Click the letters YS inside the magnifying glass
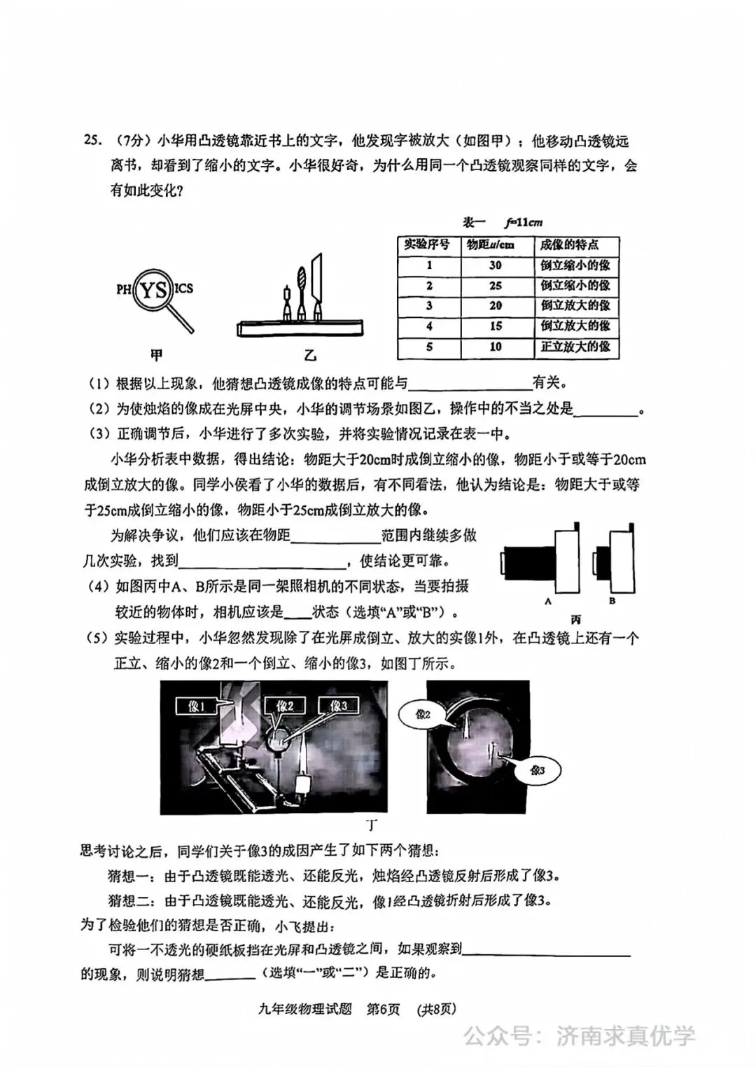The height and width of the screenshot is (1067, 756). (154, 290)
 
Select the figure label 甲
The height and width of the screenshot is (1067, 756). (157, 355)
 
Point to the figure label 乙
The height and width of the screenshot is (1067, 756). (310, 356)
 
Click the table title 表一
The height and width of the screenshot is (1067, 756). (474, 223)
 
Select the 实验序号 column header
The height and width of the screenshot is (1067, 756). (428, 245)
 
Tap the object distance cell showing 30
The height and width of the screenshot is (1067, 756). (496, 265)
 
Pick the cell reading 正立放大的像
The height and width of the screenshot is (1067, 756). (575, 347)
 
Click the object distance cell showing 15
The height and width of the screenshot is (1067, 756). (496, 326)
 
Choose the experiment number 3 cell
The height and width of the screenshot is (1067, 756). (429, 306)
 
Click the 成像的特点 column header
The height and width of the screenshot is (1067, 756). (569, 245)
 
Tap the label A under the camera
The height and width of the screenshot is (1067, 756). (548, 601)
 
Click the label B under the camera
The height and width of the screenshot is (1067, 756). (612, 601)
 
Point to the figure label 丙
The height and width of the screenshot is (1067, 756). (576, 620)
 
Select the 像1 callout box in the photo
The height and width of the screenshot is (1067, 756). (197, 706)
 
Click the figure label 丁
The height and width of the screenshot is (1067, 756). (371, 825)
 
